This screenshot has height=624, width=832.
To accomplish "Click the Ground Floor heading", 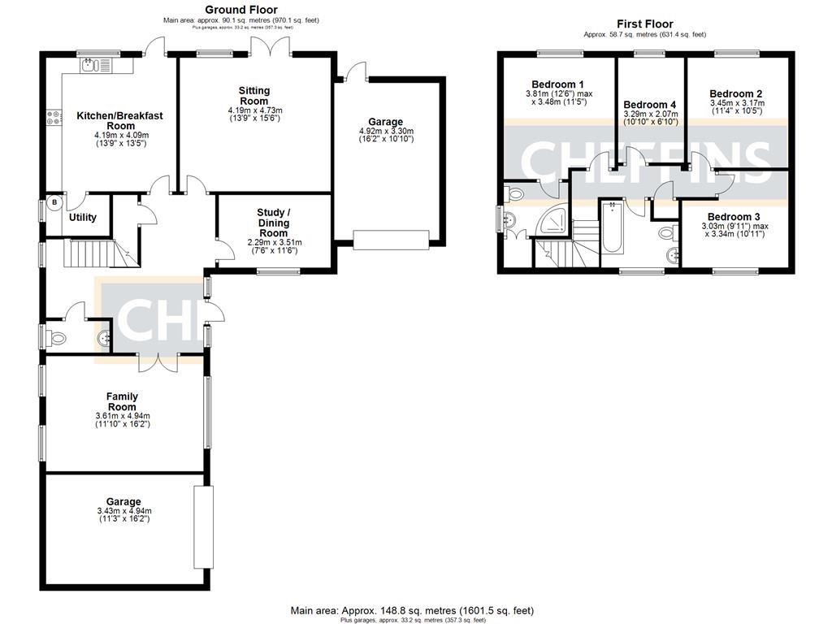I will click(x=241, y=10).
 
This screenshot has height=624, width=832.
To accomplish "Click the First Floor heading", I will click(x=645, y=24).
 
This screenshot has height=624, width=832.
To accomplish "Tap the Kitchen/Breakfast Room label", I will click(x=119, y=120).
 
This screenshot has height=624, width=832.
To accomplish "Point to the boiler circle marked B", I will click(x=55, y=202).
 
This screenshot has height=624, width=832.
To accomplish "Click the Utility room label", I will click(x=82, y=217).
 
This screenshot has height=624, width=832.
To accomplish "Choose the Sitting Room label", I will click(x=254, y=95).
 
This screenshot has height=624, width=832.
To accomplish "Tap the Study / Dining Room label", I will click(x=274, y=223).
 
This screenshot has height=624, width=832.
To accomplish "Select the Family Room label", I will click(x=122, y=401).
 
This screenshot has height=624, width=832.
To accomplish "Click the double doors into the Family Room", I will click(x=157, y=362).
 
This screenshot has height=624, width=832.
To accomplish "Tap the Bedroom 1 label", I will click(x=557, y=84).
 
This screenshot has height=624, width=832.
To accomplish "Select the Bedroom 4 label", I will click(x=649, y=105).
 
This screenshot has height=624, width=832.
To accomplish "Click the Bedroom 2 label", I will click(x=735, y=93).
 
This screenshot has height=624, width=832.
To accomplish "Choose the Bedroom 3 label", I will click(x=734, y=217).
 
